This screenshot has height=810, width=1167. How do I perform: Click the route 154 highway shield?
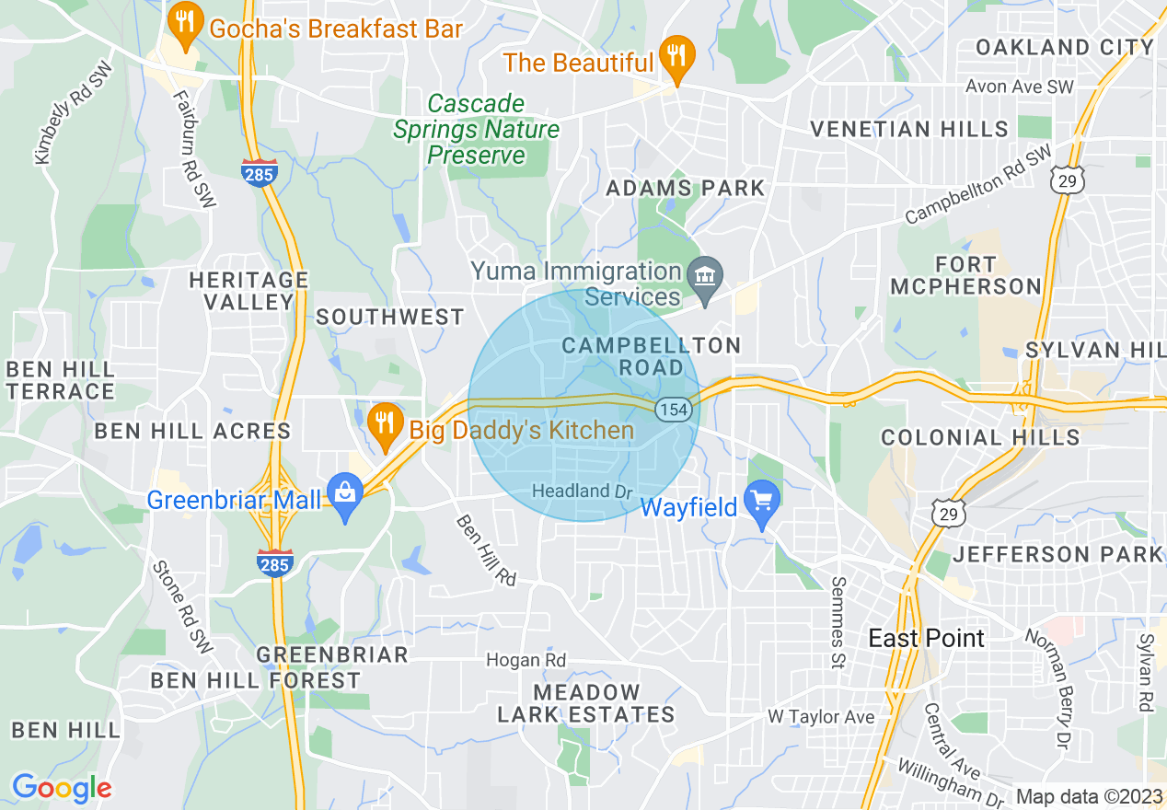675,410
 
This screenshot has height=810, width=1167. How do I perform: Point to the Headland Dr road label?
583,491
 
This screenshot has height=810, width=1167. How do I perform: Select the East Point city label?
926,638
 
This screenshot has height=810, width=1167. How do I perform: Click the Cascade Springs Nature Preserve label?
476,129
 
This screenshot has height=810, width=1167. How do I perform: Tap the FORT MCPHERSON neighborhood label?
966,275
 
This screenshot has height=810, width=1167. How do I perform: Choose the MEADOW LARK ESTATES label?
586,703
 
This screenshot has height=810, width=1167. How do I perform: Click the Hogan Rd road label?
526,660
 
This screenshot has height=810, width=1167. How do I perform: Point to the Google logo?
62,788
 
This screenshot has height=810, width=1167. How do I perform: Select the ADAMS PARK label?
685,189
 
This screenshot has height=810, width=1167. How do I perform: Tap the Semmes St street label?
838,622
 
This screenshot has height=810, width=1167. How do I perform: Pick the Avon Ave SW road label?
1020,87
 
